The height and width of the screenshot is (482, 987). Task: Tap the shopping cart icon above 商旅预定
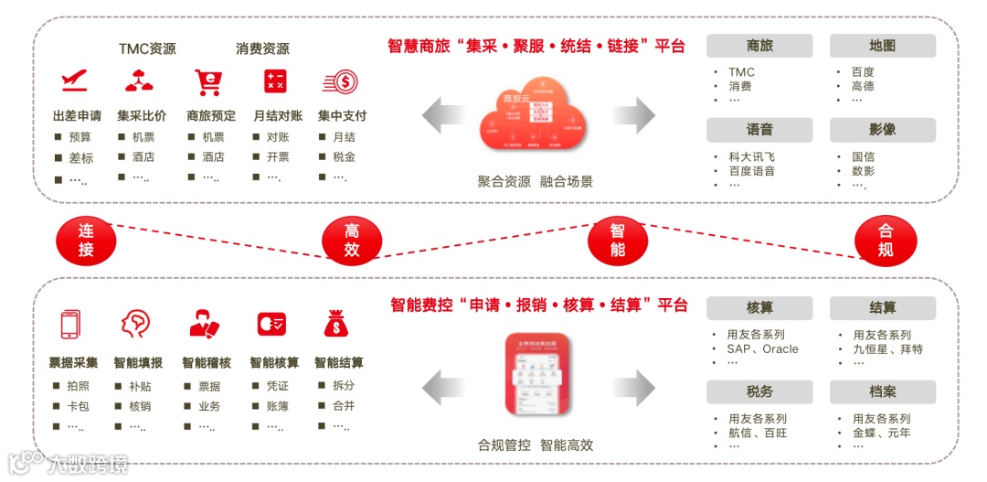[208, 82]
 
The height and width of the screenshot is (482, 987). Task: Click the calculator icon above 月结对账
[275, 81]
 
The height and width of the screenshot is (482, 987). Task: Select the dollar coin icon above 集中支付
[340, 82]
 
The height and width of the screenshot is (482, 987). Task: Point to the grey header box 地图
[882, 46]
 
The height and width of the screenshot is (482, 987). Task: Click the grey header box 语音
[759, 130]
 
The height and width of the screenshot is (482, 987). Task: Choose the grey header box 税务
[759, 391]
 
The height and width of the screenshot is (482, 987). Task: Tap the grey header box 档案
[882, 391]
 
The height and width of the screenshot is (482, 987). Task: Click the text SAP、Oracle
[762, 348]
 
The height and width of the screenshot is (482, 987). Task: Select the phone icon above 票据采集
[70, 325]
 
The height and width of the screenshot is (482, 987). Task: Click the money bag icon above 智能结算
[335, 324]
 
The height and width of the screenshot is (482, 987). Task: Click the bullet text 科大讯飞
[751, 156]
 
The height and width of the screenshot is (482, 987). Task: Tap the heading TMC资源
[147, 48]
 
